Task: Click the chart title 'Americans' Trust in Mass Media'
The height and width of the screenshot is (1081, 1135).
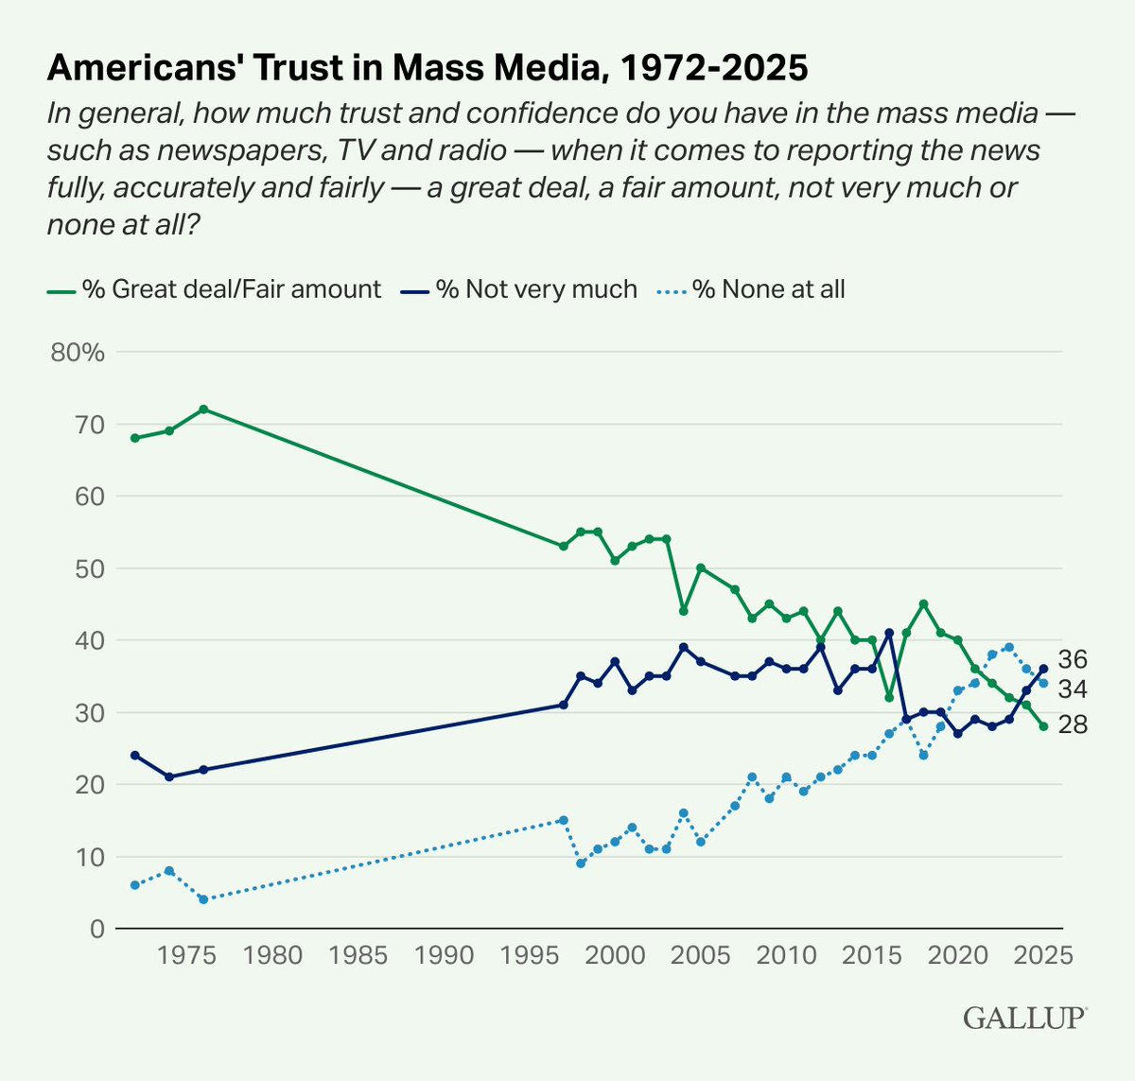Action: (x=428, y=68)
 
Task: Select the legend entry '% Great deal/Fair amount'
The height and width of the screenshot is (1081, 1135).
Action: (x=231, y=289)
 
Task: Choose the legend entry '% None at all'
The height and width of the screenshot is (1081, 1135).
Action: (x=768, y=289)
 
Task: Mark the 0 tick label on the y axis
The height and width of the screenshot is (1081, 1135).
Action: (x=96, y=930)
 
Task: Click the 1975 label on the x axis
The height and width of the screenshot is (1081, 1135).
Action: (x=186, y=955)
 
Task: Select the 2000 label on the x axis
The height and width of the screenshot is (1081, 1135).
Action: (x=615, y=955)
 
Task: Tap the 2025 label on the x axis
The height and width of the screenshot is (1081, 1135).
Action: (x=1041, y=955)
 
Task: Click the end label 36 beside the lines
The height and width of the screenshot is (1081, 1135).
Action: (x=1073, y=659)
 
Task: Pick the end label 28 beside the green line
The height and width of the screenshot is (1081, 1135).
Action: (x=1073, y=725)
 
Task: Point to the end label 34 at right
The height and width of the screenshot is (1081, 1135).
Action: (x=1073, y=689)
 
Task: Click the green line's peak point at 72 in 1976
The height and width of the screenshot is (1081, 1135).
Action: (x=203, y=409)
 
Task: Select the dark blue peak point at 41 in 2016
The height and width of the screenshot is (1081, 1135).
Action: (x=889, y=633)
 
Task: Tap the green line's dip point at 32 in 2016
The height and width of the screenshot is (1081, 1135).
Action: (x=889, y=698)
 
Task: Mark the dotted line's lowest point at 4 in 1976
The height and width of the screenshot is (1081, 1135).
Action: (x=203, y=899)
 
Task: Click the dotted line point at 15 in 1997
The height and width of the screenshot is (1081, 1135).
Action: (x=564, y=820)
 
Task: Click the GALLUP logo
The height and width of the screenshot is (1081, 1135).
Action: (x=1025, y=1019)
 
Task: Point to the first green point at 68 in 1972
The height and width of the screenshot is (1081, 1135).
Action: (x=135, y=438)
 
